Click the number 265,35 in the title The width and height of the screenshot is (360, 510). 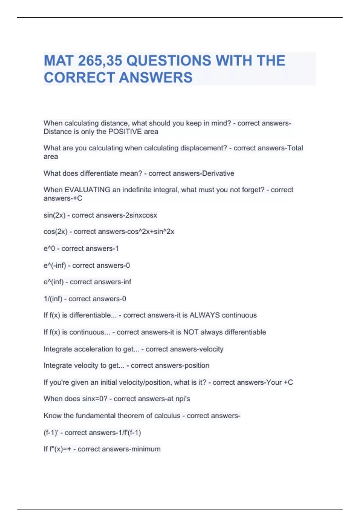tap(100, 61)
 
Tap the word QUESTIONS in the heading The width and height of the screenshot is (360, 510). tap(169, 61)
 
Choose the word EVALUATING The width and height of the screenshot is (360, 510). tap(88, 190)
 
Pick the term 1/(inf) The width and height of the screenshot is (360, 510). tap(53, 299)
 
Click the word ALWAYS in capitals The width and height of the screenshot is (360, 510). tap(205, 315)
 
